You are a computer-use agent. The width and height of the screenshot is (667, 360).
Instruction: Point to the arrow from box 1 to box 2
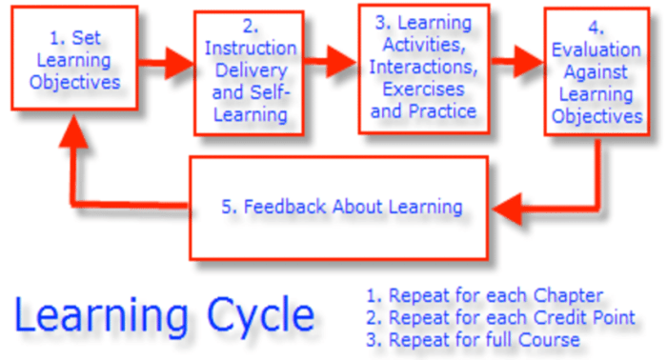164,65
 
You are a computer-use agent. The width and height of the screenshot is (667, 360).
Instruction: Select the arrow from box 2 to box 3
332,63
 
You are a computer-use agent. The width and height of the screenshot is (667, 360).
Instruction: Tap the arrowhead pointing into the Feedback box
505,206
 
